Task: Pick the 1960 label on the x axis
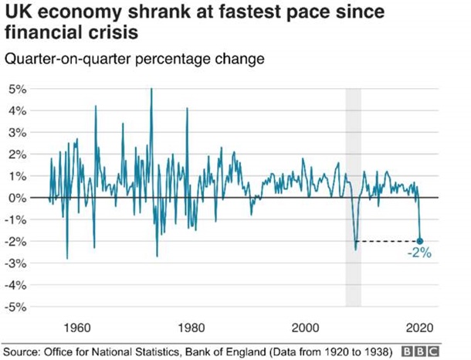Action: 77,325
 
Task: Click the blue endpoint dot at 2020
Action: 420,241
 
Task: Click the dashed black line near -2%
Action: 386,241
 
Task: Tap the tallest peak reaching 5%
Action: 151,90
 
